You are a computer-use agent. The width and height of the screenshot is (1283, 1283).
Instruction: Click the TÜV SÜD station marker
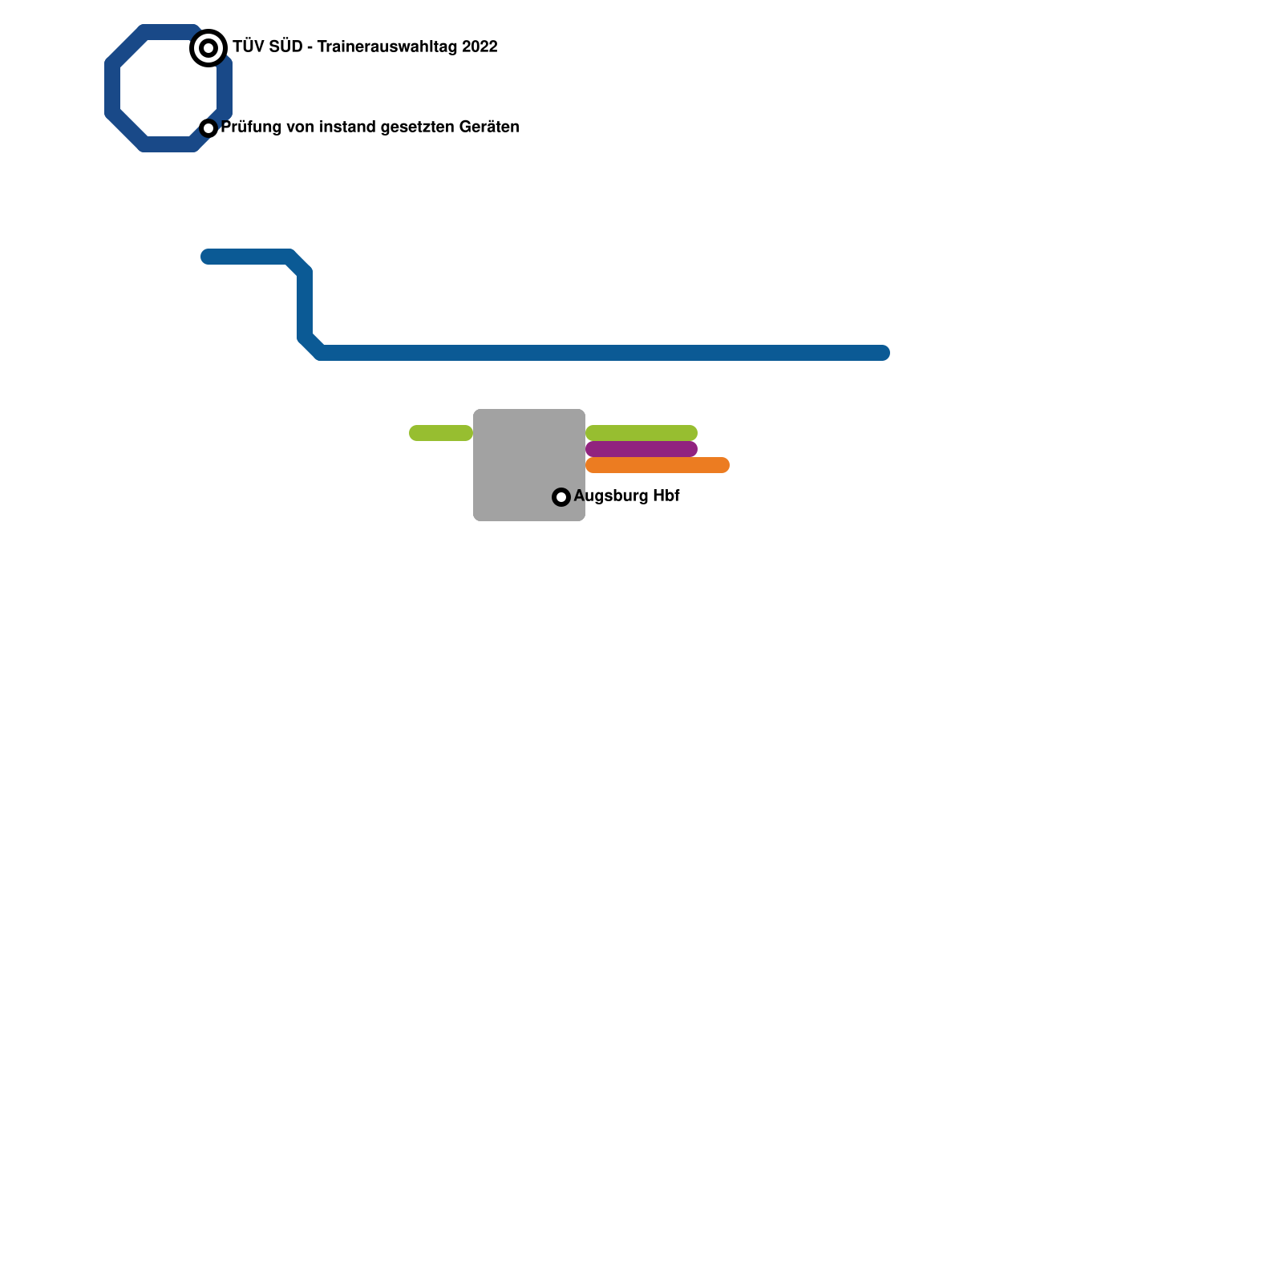pyautogui.click(x=208, y=48)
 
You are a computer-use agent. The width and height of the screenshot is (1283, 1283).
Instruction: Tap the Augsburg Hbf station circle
pyautogui.click(x=561, y=497)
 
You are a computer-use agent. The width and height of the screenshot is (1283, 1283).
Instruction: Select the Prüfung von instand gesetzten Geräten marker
pyautogui.click(x=208, y=128)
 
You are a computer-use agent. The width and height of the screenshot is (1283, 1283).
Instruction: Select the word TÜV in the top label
pyautogui.click(x=248, y=47)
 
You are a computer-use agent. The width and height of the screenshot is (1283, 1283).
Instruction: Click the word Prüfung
pyautogui.click(x=251, y=127)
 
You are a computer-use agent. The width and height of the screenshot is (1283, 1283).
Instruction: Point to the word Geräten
pyautogui.click(x=489, y=127)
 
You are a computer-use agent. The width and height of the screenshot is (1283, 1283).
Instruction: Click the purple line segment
pyautogui.click(x=641, y=449)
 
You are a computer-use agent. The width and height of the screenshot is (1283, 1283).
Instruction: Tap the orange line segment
pyautogui.click(x=658, y=465)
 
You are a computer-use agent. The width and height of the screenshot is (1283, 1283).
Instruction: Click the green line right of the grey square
pyautogui.click(x=641, y=433)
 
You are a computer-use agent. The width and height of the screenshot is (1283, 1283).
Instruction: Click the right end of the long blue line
pyautogui.click(x=882, y=353)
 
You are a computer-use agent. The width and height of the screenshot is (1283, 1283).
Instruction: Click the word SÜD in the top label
pyautogui.click(x=287, y=47)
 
